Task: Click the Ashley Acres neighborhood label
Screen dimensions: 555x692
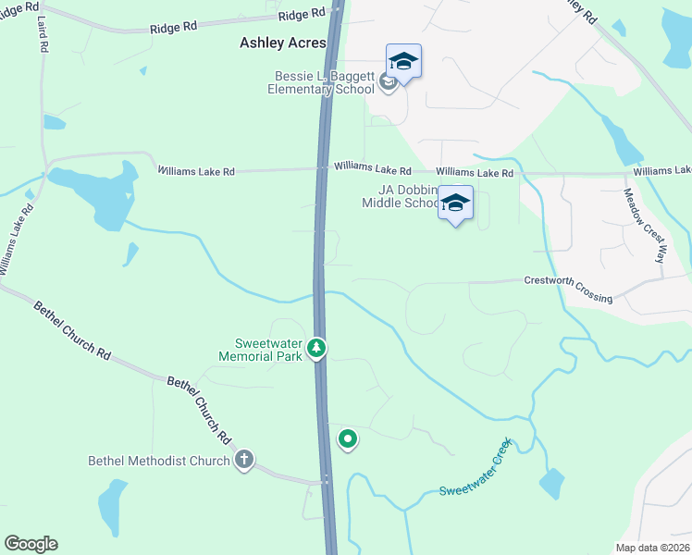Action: click(x=283, y=43)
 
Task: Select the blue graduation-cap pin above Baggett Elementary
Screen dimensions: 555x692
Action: click(x=403, y=62)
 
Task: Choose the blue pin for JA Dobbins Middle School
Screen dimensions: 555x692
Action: click(x=455, y=203)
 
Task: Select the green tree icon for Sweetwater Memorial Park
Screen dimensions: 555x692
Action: click(x=317, y=348)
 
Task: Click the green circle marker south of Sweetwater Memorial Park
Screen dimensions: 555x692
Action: click(x=348, y=439)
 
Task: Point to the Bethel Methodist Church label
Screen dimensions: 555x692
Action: click(x=158, y=461)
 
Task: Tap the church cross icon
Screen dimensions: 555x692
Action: click(x=244, y=460)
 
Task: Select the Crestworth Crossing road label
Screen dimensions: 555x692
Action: click(x=568, y=289)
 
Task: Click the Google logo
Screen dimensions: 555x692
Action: click(x=31, y=544)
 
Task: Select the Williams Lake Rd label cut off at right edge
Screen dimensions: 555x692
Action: click(x=662, y=171)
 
